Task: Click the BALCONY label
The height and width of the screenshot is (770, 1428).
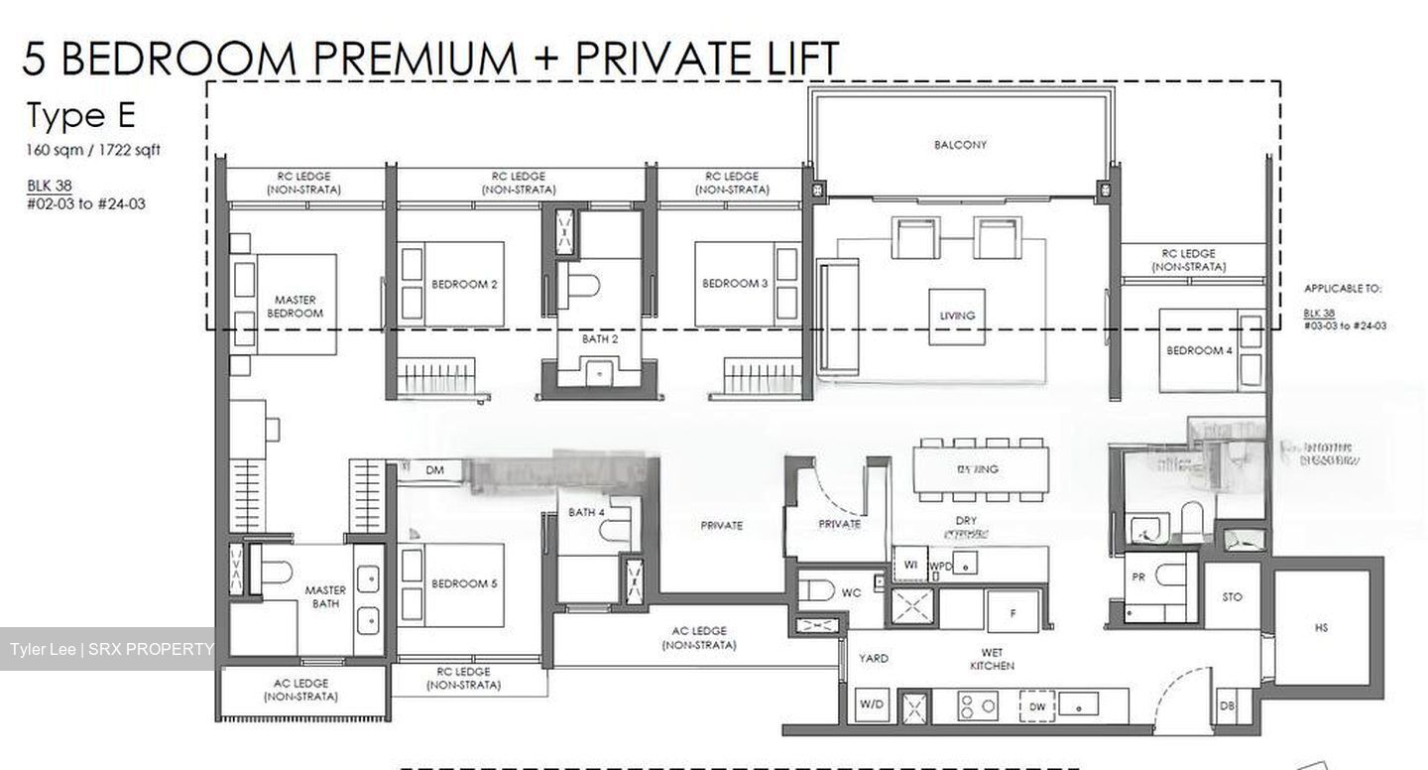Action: coord(960,145)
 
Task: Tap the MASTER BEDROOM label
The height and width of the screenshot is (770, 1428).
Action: coord(295,306)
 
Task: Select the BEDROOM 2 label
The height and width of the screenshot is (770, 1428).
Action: coord(463,284)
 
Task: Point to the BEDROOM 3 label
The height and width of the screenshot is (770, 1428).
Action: coord(735,284)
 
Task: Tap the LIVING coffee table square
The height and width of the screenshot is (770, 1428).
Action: coord(957,316)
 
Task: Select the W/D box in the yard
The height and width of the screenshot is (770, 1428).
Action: coord(872,705)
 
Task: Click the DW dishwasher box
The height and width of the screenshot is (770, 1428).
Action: coord(1035,706)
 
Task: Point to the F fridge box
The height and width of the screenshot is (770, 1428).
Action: coord(1012,613)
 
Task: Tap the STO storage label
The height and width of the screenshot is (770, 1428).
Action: coord(1232,597)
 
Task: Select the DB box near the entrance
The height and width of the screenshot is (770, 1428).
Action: coord(1228,706)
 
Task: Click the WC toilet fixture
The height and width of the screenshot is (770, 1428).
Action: coord(819,591)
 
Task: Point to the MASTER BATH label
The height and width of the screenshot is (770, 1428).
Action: coord(325,596)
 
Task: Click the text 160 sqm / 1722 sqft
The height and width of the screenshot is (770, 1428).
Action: coord(93,151)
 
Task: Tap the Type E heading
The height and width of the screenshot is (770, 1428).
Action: coord(80,116)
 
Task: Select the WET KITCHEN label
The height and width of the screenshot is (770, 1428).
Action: coord(992,660)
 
